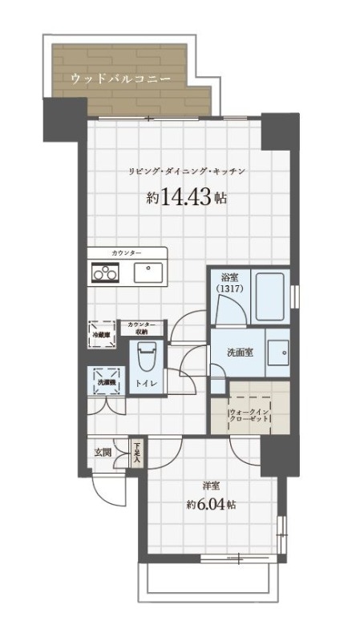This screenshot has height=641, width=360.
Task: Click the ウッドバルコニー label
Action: [x=120, y=79]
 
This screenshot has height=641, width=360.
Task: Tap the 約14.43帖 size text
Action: [x=187, y=198]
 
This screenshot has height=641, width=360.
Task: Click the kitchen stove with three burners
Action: [x=104, y=273]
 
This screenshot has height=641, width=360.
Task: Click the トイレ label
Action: [x=146, y=384]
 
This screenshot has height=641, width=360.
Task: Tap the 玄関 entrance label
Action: [x=103, y=452]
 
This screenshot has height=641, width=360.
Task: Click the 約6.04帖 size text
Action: [x=210, y=505]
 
